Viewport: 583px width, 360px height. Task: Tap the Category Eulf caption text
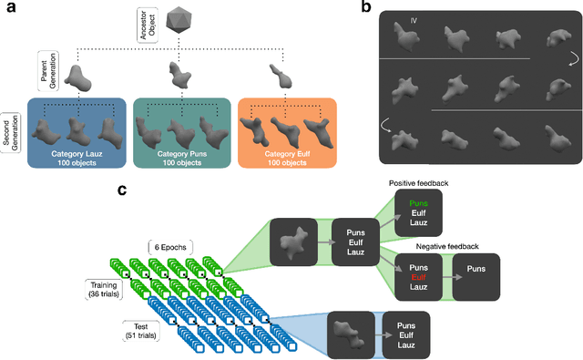pyautogui.click(x=284, y=156)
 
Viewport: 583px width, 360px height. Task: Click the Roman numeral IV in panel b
pyautogui.click(x=414, y=21)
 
